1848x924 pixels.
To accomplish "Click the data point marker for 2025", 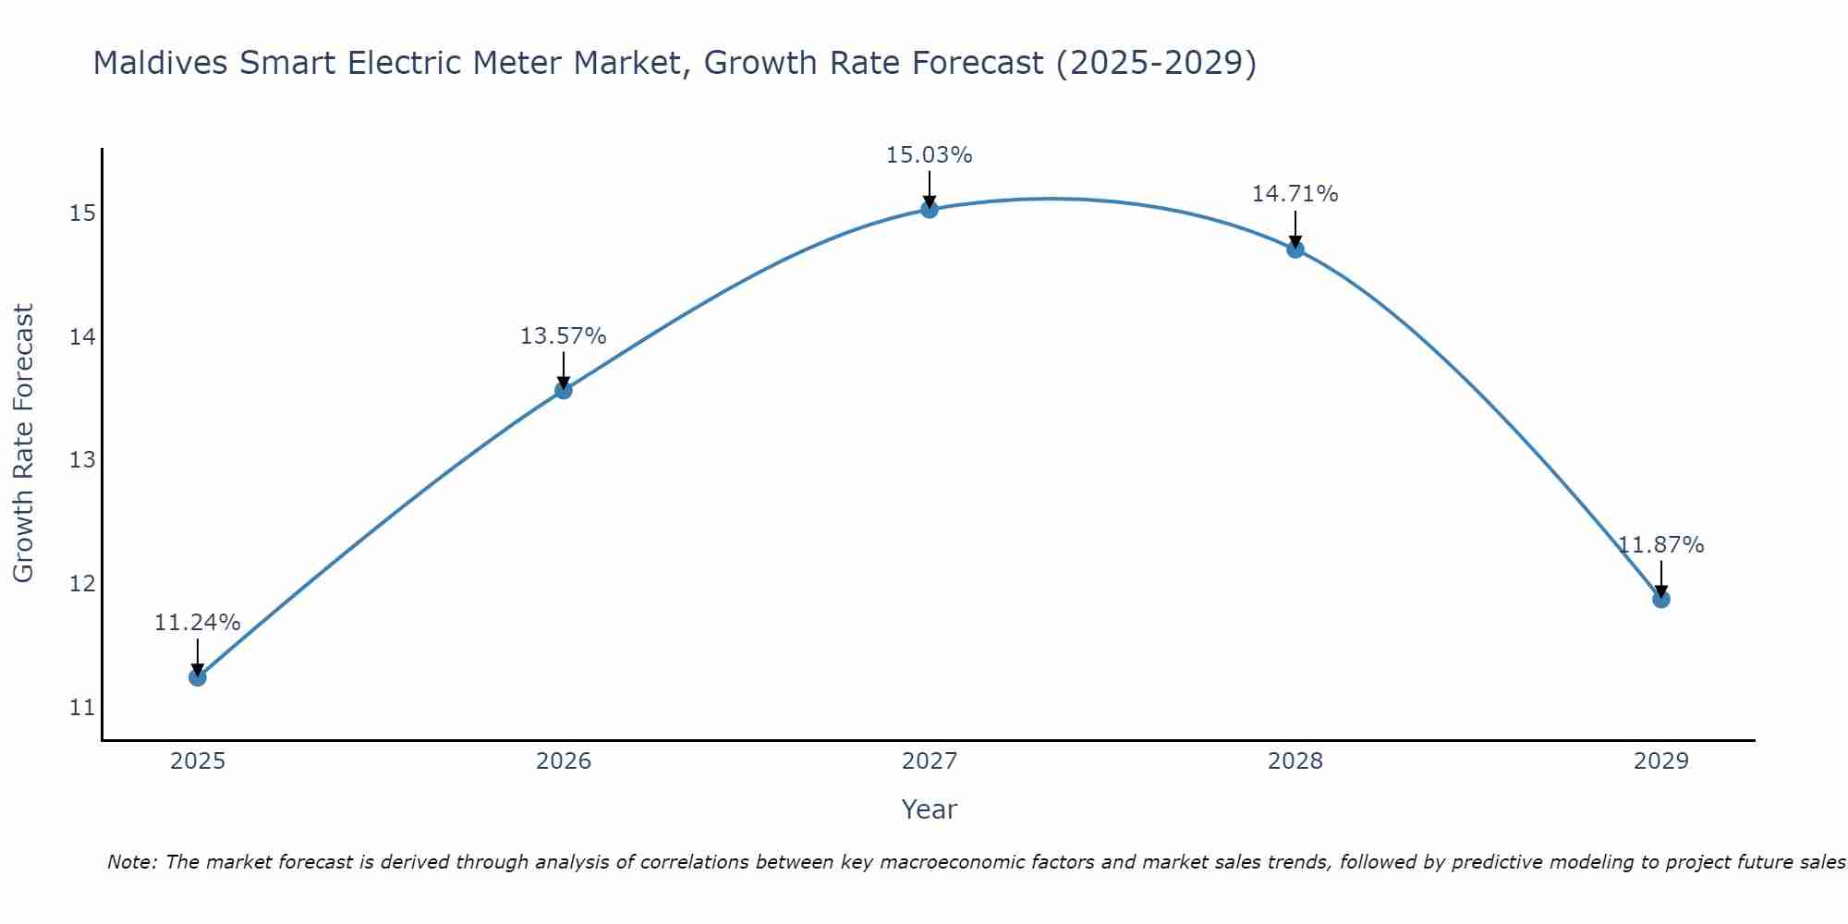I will pyautogui.click(x=197, y=677).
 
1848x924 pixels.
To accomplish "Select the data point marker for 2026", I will pyautogui.click(x=563, y=390).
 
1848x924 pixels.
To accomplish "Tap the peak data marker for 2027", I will pyautogui.click(x=930, y=210).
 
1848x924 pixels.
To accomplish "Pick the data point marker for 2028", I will pyautogui.click(x=1295, y=249).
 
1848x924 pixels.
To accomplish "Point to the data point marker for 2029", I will pyautogui.click(x=1660, y=599).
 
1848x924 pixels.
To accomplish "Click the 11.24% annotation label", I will pyautogui.click(x=197, y=623).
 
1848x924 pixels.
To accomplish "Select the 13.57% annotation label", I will pyautogui.click(x=563, y=336).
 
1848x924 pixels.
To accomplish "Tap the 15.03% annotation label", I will pyautogui.click(x=929, y=155).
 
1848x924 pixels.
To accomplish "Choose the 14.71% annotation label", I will pyautogui.click(x=1295, y=194).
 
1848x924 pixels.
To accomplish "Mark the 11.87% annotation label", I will pyautogui.click(x=1660, y=545).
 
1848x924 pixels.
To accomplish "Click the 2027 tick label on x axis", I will pyautogui.click(x=930, y=761).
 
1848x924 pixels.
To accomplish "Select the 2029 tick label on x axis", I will pyautogui.click(x=1660, y=761).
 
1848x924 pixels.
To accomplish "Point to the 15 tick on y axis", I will pyautogui.click(x=82, y=214).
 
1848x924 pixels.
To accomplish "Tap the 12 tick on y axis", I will pyautogui.click(x=82, y=584).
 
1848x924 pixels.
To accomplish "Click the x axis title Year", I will pyautogui.click(x=929, y=809).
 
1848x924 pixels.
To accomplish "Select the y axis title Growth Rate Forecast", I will pyautogui.click(x=23, y=444).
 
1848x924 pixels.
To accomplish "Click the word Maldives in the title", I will pyautogui.click(x=161, y=63).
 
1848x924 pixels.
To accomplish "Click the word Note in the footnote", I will pyautogui.click(x=133, y=862).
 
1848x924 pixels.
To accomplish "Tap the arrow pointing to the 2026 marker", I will pyautogui.click(x=563, y=371).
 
